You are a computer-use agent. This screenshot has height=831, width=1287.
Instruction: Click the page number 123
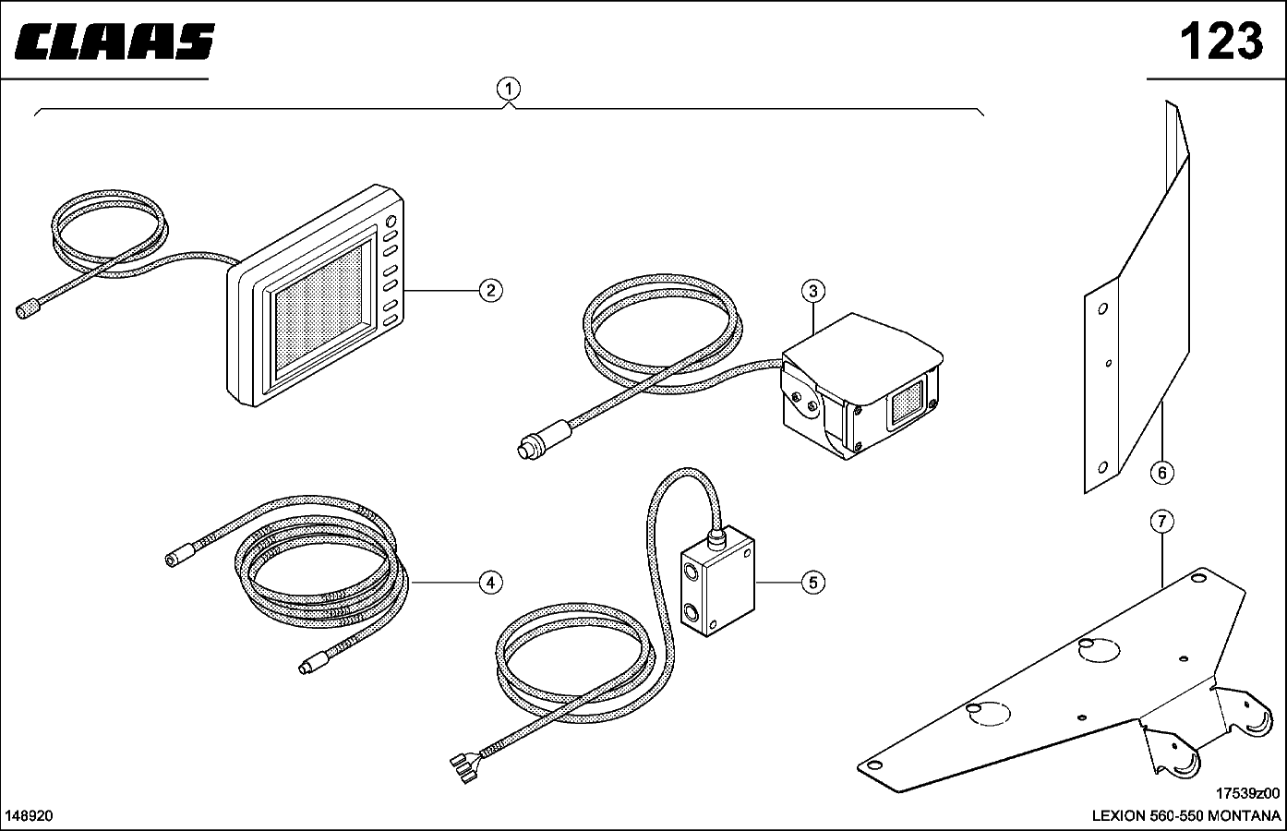pos(1220,41)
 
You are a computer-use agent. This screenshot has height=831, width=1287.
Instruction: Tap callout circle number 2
pos(490,291)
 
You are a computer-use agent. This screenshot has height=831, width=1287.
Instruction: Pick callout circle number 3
pos(812,292)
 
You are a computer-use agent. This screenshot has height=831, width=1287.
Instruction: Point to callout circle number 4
pos(490,582)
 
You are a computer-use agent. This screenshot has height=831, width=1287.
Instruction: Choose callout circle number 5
pos(812,582)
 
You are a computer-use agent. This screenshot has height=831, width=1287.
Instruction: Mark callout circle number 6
pos(1161,473)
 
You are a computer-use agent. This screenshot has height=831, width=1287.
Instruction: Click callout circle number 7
pos(1161,522)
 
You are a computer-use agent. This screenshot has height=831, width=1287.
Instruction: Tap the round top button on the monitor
pos(391,222)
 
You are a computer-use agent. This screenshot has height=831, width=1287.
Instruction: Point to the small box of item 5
pos(717,588)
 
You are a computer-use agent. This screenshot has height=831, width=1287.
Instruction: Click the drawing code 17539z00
pos(1247,793)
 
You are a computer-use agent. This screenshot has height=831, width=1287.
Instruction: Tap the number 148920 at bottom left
pos(30,815)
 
